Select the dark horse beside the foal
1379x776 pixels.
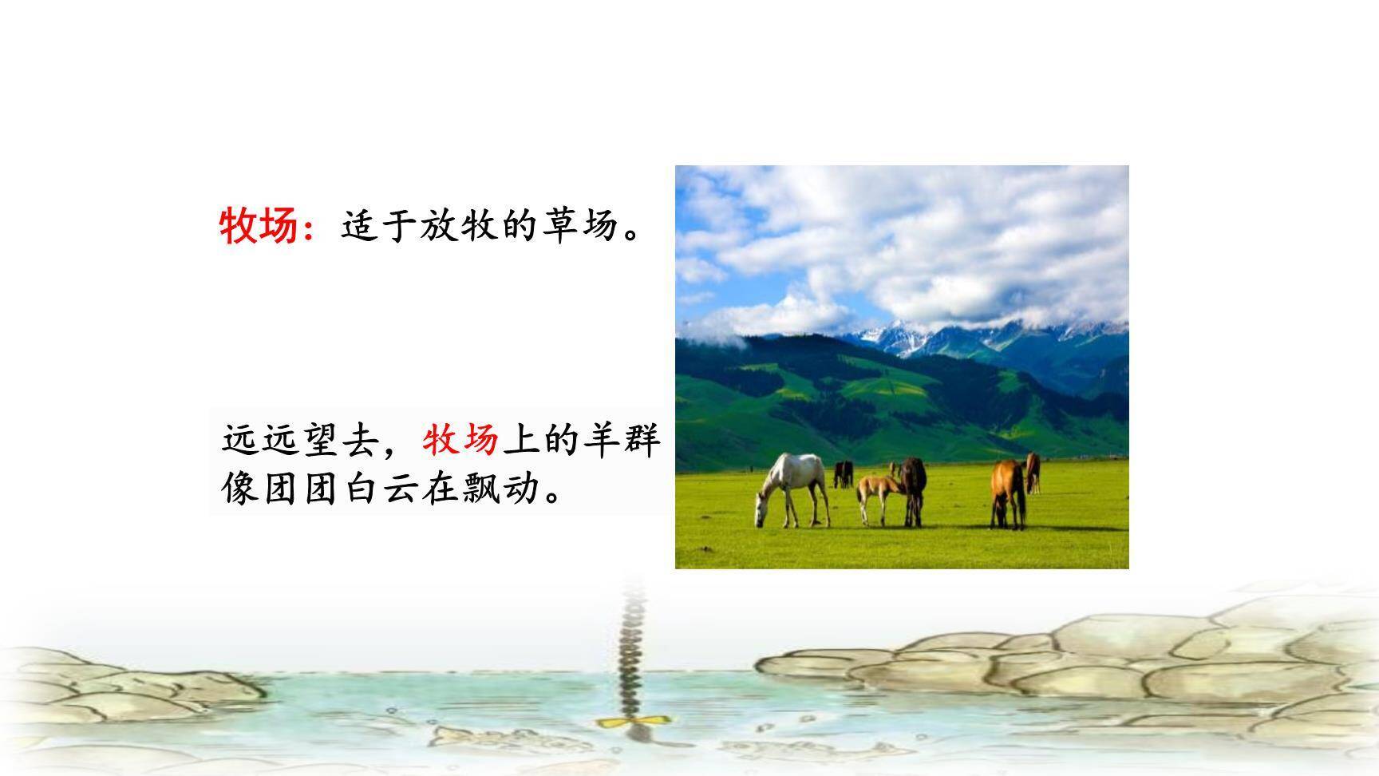pyautogui.click(x=914, y=487)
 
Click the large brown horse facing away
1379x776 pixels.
pyautogui.click(x=1008, y=491)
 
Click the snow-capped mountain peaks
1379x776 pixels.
pyautogui.click(x=902, y=335)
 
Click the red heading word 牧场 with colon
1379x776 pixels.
pyautogui.click(x=267, y=226)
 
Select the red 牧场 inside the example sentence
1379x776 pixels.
pyautogui.click(x=461, y=440)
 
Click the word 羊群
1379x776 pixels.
pyautogui.click(x=621, y=440)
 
